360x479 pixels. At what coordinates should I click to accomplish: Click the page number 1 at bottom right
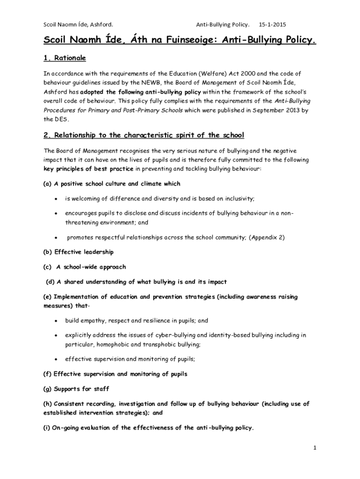315,448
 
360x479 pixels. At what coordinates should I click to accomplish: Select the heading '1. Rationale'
65,58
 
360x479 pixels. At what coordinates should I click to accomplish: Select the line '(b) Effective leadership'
79,252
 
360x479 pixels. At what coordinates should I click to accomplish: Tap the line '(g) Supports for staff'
76,389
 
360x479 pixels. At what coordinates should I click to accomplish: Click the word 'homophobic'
115,344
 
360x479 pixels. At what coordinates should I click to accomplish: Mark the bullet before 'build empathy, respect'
56,321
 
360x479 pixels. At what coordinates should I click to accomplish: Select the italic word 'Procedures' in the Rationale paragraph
60,110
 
